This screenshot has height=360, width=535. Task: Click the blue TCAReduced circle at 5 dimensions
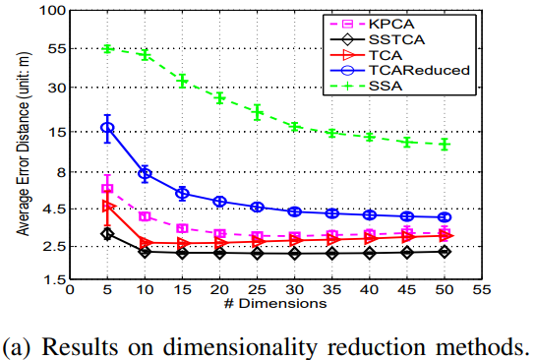(107, 128)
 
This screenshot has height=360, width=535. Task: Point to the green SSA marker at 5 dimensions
(107, 48)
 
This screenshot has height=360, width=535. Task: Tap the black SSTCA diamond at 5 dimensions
(107, 233)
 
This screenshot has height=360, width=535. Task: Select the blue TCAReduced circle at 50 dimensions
(445, 217)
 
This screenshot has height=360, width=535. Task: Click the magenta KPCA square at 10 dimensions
(145, 216)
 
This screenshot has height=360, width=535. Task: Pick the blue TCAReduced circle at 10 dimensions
(145, 173)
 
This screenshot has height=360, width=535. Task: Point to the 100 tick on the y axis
(50, 11)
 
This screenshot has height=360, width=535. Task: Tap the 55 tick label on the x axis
(482, 291)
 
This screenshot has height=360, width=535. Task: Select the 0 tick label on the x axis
(70, 291)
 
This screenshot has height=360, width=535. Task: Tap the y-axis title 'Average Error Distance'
(20, 148)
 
